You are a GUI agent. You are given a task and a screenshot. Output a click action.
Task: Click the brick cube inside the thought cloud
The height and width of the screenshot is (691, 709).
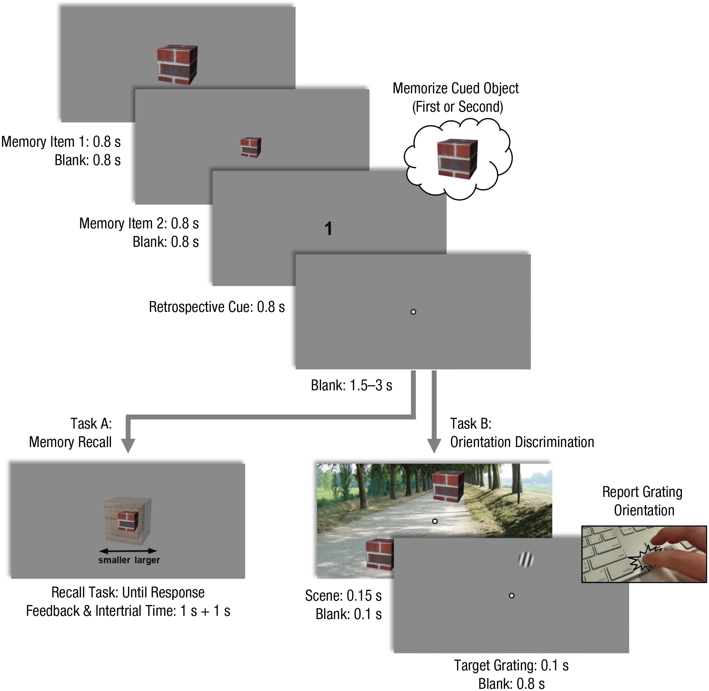coord(457,159)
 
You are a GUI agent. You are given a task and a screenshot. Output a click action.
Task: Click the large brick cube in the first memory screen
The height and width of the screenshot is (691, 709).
coord(177,65)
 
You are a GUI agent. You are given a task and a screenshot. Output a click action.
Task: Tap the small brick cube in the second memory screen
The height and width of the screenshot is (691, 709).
coord(251,147)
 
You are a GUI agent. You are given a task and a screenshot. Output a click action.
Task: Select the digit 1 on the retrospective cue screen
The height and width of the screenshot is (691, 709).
coord(328,229)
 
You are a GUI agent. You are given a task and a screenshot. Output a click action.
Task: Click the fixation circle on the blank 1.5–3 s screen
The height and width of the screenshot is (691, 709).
coord(413,312)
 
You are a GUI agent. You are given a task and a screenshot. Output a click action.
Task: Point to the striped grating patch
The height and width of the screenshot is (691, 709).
coord(526,559)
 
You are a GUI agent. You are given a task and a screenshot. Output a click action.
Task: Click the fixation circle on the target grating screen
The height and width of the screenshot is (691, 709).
coord(512,596)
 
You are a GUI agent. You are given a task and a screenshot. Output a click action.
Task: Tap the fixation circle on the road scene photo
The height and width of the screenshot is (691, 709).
coord(435,521)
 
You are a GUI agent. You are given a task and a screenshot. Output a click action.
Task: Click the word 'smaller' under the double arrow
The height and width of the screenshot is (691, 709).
coord(114,560)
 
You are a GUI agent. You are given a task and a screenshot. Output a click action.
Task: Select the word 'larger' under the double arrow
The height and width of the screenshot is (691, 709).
coord(147,560)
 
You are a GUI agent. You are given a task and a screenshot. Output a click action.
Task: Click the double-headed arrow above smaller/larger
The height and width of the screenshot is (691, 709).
coord(128,551)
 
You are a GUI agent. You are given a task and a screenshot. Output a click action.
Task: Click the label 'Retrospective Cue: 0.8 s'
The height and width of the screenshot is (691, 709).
coord(217,307)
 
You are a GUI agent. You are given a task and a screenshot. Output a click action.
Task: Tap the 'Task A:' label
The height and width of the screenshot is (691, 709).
coord(91,424)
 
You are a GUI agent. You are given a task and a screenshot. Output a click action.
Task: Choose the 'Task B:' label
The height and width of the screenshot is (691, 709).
coord(471,424)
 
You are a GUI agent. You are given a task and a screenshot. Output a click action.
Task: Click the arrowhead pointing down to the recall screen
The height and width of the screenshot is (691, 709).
coord(128,446)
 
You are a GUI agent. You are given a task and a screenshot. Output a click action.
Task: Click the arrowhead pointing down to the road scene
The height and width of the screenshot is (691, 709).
coord(434,446)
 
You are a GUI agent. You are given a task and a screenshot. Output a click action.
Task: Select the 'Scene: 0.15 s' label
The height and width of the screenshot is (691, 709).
coord(343,596)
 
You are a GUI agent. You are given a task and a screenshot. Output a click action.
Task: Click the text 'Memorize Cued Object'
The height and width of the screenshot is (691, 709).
coord(456,89)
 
